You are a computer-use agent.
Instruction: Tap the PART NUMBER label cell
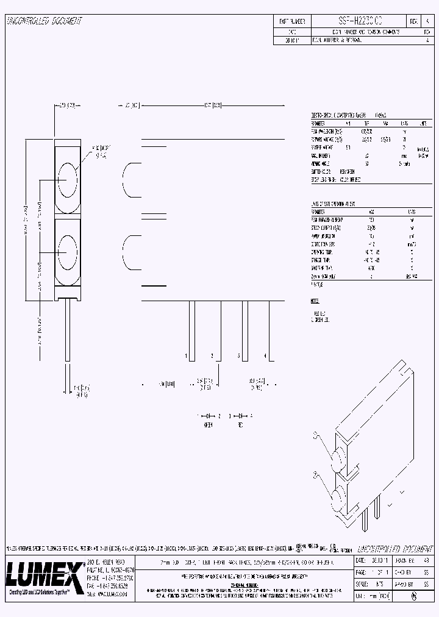point(291,21)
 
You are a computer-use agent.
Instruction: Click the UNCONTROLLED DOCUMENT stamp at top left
point(44,21)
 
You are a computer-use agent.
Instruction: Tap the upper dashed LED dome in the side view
point(129,179)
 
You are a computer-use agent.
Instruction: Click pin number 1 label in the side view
point(185,355)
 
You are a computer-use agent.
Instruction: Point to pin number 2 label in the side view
point(212,355)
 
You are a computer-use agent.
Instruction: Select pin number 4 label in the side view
point(265,355)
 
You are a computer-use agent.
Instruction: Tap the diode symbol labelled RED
point(242,415)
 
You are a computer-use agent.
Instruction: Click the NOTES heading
point(315,301)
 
